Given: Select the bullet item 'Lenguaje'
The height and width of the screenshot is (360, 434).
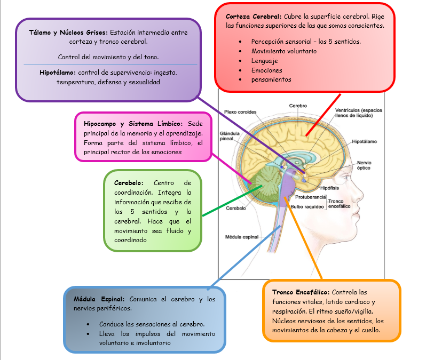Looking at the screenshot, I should (x=264, y=61).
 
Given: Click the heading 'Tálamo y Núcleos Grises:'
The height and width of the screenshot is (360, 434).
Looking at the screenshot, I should (x=68, y=33).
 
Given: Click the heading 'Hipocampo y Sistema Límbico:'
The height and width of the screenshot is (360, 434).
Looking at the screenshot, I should (x=133, y=124).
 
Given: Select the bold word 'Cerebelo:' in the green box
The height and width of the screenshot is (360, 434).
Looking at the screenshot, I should (x=128, y=183).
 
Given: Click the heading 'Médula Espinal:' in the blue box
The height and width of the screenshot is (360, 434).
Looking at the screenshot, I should (x=99, y=299).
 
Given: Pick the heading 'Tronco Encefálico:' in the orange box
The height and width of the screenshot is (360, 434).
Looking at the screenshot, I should (x=301, y=292).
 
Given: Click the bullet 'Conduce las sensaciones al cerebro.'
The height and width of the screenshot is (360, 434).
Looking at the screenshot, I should (x=152, y=324).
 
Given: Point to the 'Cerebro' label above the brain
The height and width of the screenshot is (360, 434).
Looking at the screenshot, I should (x=298, y=106).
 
